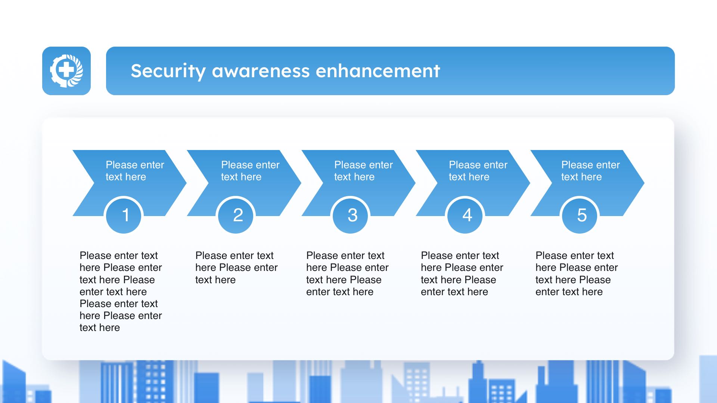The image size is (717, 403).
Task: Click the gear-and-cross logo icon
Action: pyautogui.click(x=66, y=71)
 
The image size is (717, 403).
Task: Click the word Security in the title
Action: pyautogui.click(x=168, y=71)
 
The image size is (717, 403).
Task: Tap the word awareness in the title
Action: pyautogui.click(x=261, y=71)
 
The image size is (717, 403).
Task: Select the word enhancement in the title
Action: pyautogui.click(x=378, y=71)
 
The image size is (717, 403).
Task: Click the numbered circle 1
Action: pyautogui.click(x=124, y=215)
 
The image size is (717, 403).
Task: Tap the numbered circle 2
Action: pyautogui.click(x=236, y=215)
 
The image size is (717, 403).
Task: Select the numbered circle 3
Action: pyautogui.click(x=350, y=215)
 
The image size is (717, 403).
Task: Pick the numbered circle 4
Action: pyautogui.click(x=465, y=215)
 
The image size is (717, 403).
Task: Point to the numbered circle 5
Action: pyautogui.click(x=580, y=215)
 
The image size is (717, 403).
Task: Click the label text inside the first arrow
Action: pyautogui.click(x=135, y=171)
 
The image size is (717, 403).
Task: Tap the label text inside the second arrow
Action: pyautogui.click(x=250, y=171)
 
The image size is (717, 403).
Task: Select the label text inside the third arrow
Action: pyautogui.click(x=363, y=171)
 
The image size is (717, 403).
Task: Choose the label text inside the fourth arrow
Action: pyautogui.click(x=478, y=171)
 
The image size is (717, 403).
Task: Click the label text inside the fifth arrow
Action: pyautogui.click(x=590, y=171)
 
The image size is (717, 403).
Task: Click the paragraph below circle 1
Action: pyautogui.click(x=121, y=291)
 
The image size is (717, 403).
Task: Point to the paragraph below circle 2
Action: pyautogui.click(x=236, y=268)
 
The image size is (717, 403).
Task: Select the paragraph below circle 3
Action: pyautogui.click(x=347, y=274)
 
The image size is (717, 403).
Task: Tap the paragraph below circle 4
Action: pyautogui.click(x=462, y=274)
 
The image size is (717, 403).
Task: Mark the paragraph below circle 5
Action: pyautogui.click(x=577, y=274)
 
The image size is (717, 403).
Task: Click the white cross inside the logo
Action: pyautogui.click(x=66, y=70)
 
